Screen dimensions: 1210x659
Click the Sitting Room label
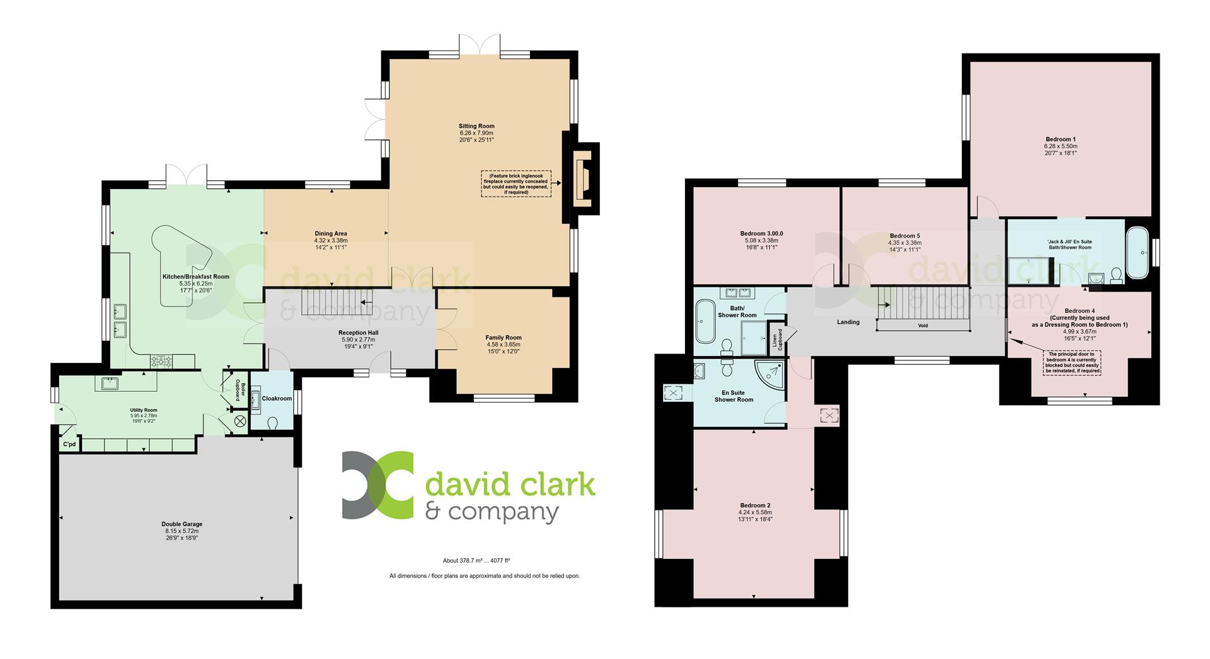tap(476, 126)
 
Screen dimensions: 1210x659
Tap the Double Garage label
tap(181, 524)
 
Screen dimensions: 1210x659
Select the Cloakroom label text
tap(277, 399)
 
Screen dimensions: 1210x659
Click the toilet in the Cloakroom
tap(273, 423)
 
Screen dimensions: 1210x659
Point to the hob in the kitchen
tap(161, 361)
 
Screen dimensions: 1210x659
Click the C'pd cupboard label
tap(69, 445)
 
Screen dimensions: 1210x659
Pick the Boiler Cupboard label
tap(239, 391)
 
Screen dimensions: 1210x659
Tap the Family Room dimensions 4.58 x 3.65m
tap(504, 345)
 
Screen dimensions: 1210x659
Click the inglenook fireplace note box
tap(516, 183)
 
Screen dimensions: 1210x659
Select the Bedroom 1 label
tap(1061, 139)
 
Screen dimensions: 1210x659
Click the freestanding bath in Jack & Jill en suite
tap(1138, 252)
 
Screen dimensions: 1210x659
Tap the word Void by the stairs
tap(923, 326)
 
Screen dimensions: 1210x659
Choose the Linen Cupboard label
tap(778, 340)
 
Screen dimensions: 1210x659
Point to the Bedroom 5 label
tap(904, 236)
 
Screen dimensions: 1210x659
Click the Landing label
tap(848, 322)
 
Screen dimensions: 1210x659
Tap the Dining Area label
tap(331, 234)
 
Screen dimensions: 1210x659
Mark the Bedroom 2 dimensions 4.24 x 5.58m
tap(755, 512)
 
